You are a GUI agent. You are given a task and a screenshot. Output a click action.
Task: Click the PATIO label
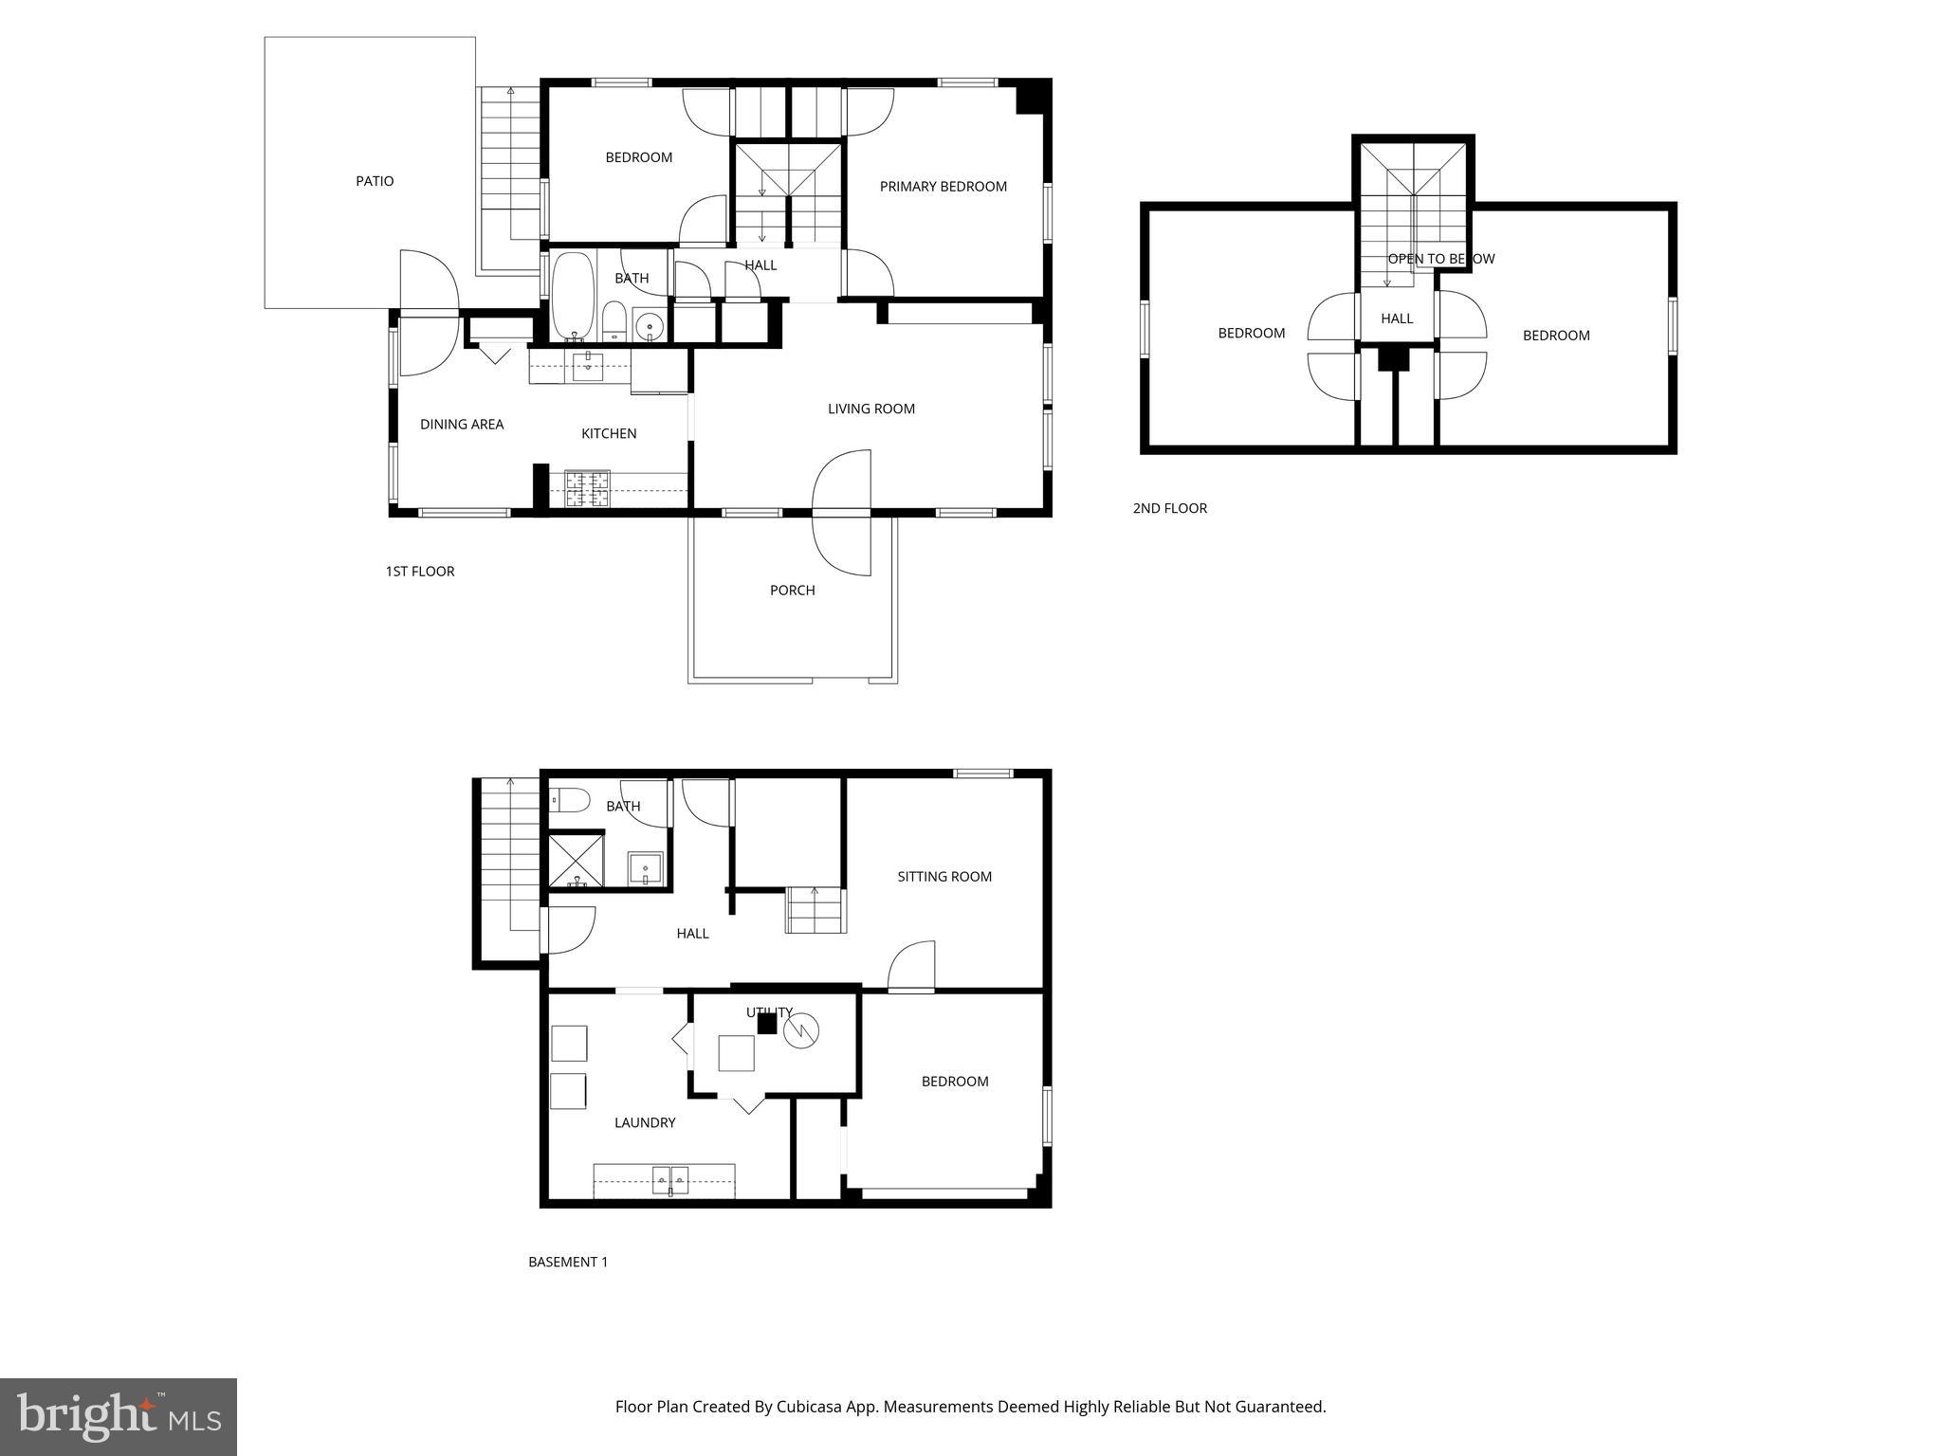point(375,181)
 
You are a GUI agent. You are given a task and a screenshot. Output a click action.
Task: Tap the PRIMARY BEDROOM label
point(943,187)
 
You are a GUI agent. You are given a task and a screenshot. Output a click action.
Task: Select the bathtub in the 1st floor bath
point(573,296)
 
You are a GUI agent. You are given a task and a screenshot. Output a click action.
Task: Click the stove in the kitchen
point(588,490)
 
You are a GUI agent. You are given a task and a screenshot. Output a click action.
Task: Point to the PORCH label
point(792,591)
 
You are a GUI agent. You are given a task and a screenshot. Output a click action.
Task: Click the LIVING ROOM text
point(870,409)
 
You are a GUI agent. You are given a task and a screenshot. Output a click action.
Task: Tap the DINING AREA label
point(462,425)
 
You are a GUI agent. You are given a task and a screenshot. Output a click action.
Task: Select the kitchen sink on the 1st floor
point(588,365)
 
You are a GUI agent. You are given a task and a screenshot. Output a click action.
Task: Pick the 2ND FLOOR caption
point(1169,508)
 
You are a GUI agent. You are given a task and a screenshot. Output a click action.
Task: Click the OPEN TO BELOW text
point(1440,259)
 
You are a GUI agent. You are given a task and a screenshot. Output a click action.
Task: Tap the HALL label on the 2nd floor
point(1397,318)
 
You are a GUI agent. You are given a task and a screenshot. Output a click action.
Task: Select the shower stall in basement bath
point(577,859)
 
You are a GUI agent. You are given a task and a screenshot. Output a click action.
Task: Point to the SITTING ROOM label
point(944,877)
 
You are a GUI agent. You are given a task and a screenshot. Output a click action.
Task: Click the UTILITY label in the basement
point(768,1012)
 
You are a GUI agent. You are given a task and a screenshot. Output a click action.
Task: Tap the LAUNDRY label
point(645,1123)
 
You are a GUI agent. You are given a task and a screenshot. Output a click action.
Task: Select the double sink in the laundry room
point(669,1180)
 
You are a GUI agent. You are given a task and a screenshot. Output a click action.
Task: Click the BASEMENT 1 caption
point(568,1262)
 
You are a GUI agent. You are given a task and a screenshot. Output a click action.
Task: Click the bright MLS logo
point(119,1416)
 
